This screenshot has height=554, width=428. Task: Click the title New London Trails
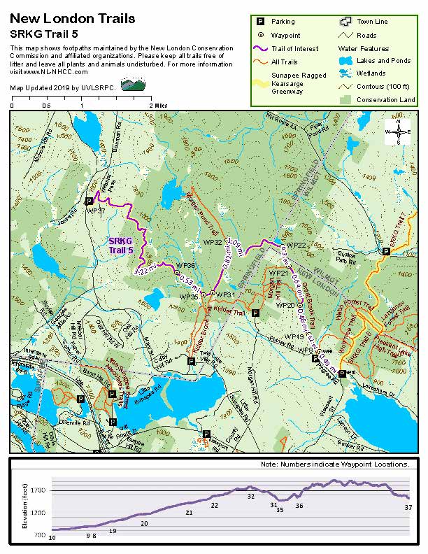73,19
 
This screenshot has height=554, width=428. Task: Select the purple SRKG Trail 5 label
120,246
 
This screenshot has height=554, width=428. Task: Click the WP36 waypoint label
185,266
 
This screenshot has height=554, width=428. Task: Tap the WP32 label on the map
212,242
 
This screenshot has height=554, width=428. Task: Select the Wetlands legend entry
371,73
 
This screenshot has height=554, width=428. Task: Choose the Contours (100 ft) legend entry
381,86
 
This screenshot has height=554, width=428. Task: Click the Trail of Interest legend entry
296,48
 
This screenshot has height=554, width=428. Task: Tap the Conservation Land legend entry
385,99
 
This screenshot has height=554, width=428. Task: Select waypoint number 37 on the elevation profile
408,506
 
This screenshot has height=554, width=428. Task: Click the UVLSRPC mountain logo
132,85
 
